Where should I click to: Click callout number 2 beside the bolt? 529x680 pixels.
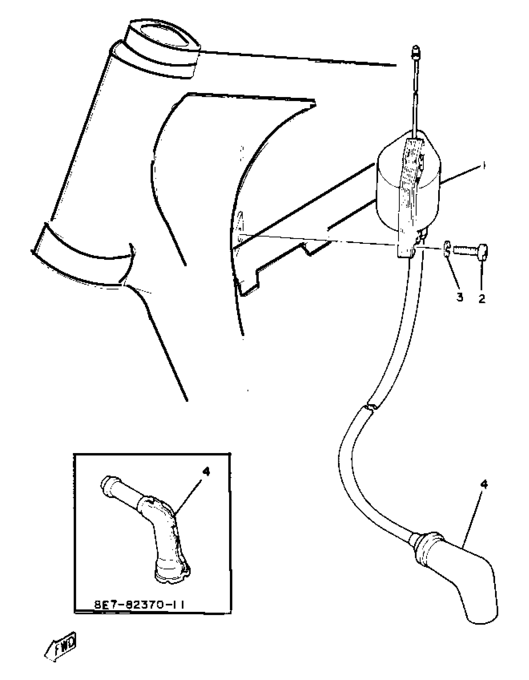[481, 299]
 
